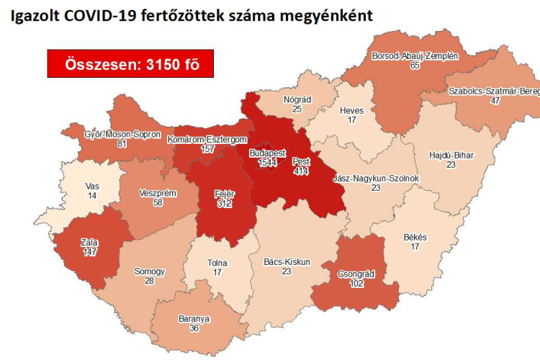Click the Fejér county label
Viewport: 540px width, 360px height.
point(225,194)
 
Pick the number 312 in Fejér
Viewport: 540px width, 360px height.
point(225,204)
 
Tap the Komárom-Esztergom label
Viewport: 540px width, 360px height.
point(207,139)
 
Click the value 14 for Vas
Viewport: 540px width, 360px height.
point(91,196)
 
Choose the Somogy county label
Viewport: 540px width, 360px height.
point(150,271)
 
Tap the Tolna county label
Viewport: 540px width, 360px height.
point(217,263)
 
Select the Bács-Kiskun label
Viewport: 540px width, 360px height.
point(286,262)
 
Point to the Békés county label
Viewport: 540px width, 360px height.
point(415,238)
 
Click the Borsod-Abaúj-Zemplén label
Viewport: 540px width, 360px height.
point(414,55)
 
